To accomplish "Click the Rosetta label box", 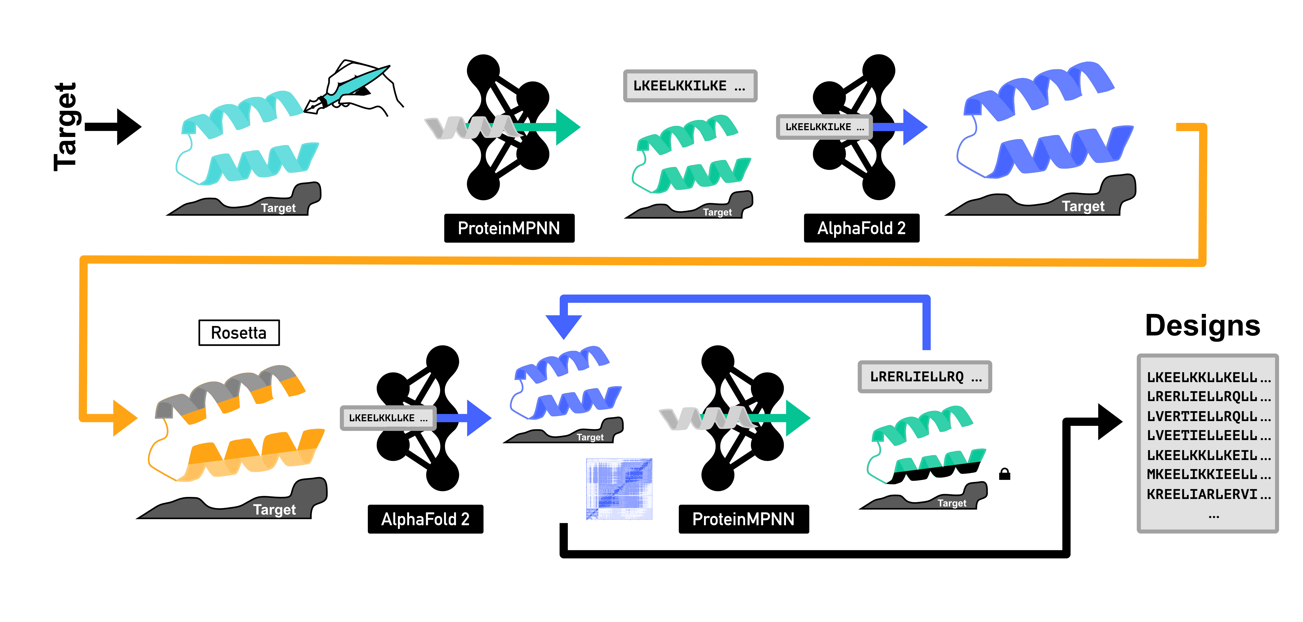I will click(x=239, y=333).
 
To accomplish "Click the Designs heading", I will click(x=1202, y=325).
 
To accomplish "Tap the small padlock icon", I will click(x=1005, y=474).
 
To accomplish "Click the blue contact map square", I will click(x=619, y=489).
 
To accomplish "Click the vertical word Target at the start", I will click(x=66, y=127).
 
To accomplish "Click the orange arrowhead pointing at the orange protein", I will click(x=124, y=418).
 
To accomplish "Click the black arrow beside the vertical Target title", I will click(x=114, y=127).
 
